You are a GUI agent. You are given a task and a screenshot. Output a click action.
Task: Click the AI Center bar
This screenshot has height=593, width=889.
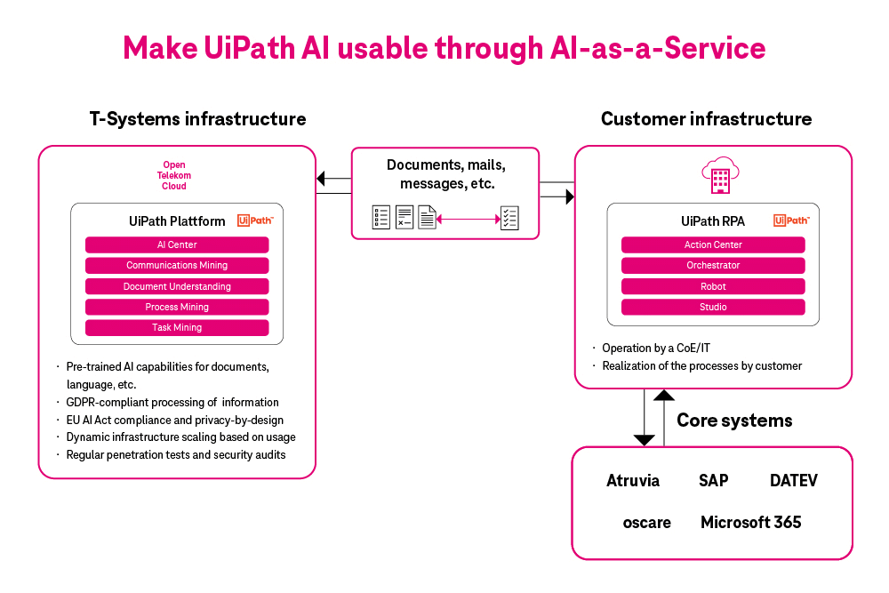tap(177, 244)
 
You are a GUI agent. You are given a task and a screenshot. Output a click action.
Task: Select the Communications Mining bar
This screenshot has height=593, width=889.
tap(177, 265)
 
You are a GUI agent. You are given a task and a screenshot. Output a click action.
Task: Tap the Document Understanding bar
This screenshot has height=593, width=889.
tap(177, 286)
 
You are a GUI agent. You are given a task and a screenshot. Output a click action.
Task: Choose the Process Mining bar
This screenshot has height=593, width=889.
tap(177, 307)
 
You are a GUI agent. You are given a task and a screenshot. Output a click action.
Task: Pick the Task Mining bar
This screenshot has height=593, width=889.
tap(177, 327)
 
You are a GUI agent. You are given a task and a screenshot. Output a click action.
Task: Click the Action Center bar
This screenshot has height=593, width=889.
tap(713, 244)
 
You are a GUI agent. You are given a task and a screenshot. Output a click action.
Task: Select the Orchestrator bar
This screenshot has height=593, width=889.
tap(713, 265)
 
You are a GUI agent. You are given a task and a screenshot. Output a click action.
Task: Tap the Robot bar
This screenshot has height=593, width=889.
tap(713, 286)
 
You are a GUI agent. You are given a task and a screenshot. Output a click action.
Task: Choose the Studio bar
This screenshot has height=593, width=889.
tap(713, 307)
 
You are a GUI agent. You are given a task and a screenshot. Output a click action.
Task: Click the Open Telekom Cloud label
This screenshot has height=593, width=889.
tap(174, 175)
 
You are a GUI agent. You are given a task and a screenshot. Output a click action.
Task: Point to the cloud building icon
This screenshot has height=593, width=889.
tap(719, 174)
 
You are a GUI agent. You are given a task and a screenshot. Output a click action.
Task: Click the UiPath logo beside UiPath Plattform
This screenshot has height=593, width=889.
tap(255, 220)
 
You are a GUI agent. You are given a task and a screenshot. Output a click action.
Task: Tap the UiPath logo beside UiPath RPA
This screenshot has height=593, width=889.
tap(790, 220)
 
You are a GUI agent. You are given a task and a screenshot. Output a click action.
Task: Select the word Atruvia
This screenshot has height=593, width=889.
tap(633, 481)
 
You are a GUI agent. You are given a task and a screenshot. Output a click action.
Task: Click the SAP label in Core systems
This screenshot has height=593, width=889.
tap(713, 481)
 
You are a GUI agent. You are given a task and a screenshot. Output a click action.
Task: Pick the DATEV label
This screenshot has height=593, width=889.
tap(793, 481)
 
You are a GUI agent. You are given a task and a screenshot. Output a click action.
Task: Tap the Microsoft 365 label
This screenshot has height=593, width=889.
tap(750, 522)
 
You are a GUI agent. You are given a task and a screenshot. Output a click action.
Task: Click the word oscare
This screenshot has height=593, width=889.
tap(647, 522)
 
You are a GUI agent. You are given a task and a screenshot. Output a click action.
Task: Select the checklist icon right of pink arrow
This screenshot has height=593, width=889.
tap(509, 217)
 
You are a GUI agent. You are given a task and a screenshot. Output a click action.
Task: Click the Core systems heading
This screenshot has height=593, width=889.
tap(734, 420)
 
